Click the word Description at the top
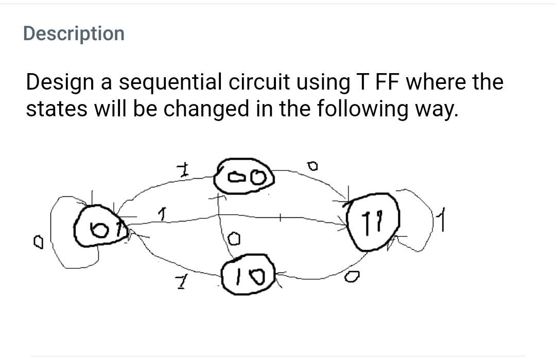(x=74, y=33)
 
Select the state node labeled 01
(x=98, y=228)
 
